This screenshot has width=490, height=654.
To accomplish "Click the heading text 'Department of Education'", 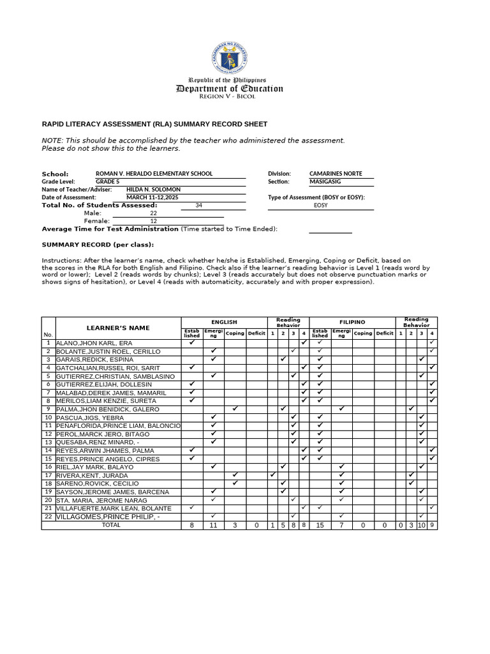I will click(x=229, y=89).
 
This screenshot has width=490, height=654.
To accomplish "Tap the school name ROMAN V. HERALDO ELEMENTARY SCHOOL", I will click(x=154, y=174).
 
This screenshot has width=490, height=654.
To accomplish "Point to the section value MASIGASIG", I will click(x=325, y=181).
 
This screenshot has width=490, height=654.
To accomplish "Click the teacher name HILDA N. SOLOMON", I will click(x=153, y=190).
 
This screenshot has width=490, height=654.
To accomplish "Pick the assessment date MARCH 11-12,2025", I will click(x=152, y=197).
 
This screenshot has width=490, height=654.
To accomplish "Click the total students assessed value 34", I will click(x=198, y=206).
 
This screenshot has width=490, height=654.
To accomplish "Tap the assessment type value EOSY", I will click(x=320, y=206).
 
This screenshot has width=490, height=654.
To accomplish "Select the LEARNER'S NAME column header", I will click(x=118, y=328).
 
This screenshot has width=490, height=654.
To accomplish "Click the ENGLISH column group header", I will click(x=224, y=323).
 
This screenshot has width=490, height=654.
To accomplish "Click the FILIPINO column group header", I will click(x=352, y=323).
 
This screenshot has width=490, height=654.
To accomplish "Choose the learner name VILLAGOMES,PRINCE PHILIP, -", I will click(x=108, y=517).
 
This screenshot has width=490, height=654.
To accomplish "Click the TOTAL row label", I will click(x=111, y=525).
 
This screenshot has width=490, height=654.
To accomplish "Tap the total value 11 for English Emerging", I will click(x=213, y=525).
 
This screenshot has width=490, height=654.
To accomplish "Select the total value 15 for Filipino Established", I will click(x=320, y=525).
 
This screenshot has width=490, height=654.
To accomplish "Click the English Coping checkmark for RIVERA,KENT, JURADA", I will click(x=235, y=475).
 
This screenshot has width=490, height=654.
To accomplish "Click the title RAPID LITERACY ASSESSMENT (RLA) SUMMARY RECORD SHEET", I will click(x=154, y=124).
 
